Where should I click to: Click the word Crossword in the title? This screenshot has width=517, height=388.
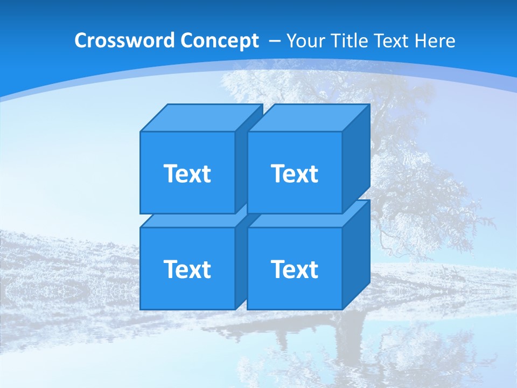[125, 41]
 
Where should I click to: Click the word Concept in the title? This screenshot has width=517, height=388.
[219, 41]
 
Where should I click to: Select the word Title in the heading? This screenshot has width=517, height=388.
[350, 41]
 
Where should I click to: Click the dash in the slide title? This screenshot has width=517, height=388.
[274, 41]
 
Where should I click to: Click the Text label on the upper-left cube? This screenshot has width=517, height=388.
[187, 174]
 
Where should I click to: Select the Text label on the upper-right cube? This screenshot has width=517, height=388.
[295, 174]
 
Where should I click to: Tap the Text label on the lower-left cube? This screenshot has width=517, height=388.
[187, 269]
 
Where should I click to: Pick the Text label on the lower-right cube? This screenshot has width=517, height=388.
[295, 269]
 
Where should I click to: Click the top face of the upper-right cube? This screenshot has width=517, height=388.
[308, 118]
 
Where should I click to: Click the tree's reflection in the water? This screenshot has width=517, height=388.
[345, 345]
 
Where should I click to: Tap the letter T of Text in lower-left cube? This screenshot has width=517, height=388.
[170, 269]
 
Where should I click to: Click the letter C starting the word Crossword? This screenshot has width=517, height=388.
[81, 41]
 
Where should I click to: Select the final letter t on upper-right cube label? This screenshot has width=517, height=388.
[313, 174]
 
